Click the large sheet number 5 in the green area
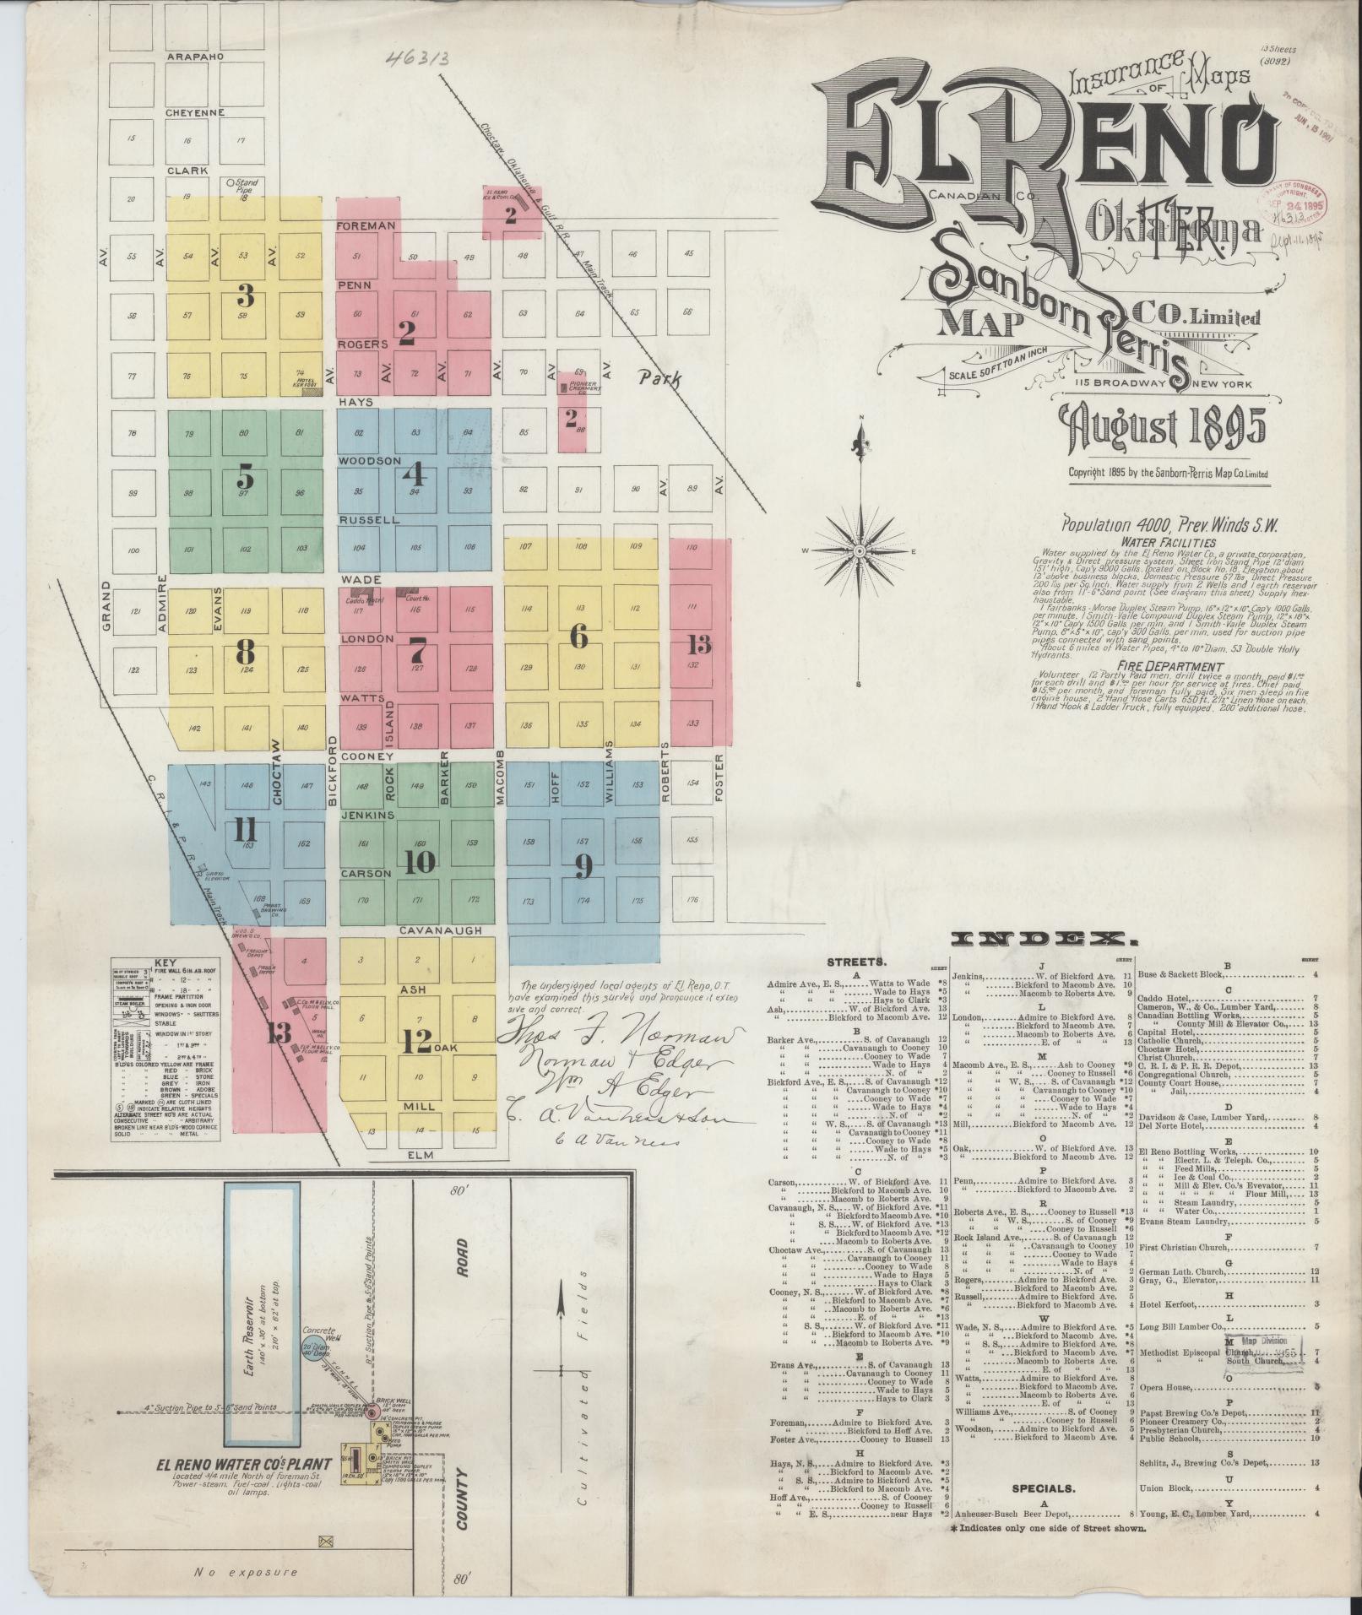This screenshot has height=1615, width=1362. point(246,477)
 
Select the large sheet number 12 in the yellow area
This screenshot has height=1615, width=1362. point(417,1042)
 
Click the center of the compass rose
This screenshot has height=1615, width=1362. point(859,550)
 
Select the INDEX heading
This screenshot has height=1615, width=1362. point(1043,938)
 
